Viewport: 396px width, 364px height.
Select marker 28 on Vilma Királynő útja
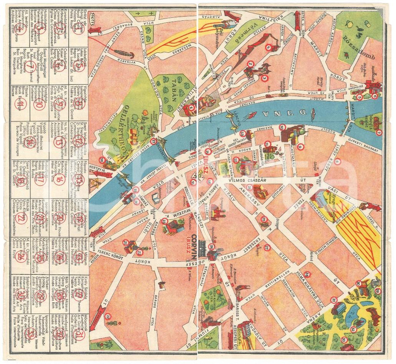click(x=307, y=274)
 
